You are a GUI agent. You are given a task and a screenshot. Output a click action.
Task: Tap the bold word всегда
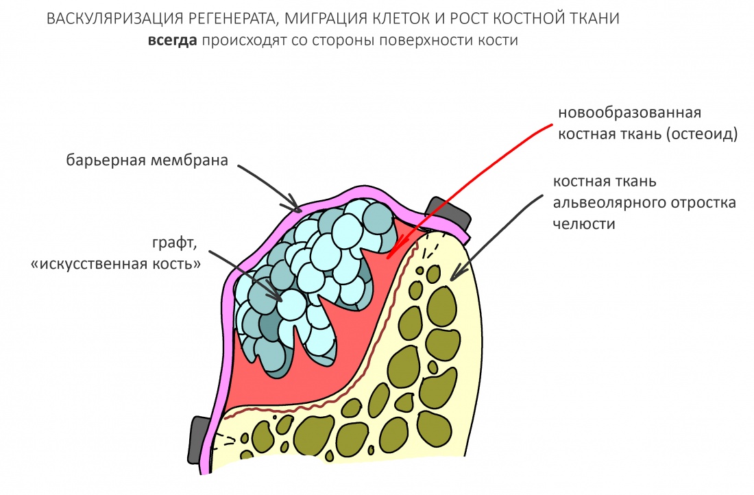(x=173, y=40)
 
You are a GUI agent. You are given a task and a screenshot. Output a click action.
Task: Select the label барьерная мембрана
(x=147, y=161)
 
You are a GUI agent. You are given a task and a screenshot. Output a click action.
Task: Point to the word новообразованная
(x=630, y=112)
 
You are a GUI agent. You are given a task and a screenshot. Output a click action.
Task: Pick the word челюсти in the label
(x=585, y=224)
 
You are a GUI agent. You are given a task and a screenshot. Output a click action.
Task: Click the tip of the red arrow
(x=389, y=258)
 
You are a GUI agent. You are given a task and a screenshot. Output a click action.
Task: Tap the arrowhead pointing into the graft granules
(x=279, y=298)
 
